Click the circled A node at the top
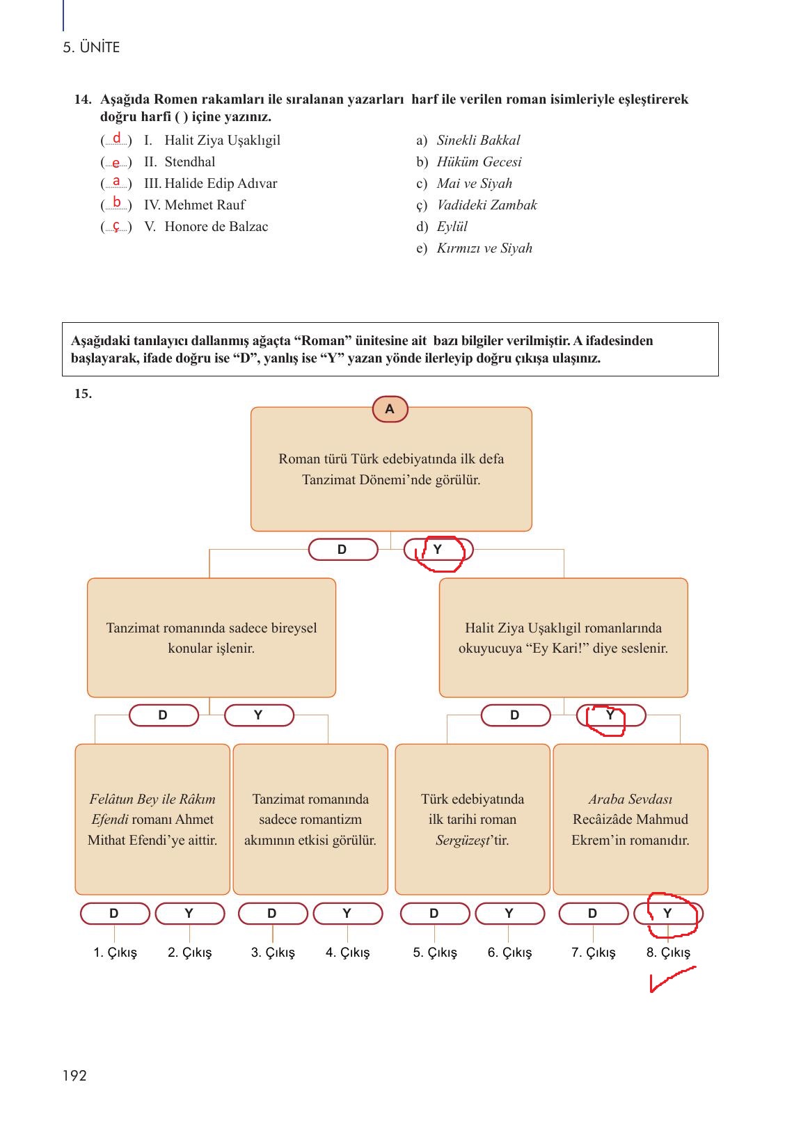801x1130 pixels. point(390,409)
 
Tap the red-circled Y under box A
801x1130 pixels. point(438,550)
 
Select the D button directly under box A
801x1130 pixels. point(342,550)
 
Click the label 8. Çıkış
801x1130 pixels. point(668,953)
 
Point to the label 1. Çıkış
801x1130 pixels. point(116,953)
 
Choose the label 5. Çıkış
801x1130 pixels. point(435,953)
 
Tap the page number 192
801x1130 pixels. point(74,1076)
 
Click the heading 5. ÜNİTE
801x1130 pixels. point(91,48)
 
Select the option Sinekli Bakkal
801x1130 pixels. point(478,141)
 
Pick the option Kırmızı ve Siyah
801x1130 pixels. point(484,248)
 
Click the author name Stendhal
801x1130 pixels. point(189,162)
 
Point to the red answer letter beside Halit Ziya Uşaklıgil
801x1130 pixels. point(117,138)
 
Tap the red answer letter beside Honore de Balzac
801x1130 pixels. point(117,226)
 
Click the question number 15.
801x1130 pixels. point(83,394)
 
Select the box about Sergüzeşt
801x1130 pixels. point(473,819)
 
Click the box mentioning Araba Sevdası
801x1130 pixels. point(631,819)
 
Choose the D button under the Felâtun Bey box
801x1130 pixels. point(115,914)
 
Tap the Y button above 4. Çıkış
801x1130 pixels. point(347,914)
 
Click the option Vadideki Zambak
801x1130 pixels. point(486,205)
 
